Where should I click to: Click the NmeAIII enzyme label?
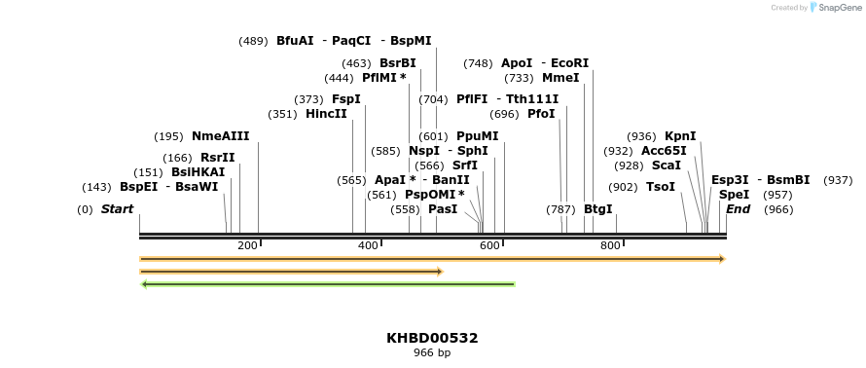(220, 136)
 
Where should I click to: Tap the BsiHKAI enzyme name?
(198, 172)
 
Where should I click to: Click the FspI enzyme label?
(345, 99)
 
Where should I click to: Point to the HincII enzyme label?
(326, 114)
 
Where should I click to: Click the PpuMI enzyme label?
(477, 136)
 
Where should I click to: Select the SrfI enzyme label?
(465, 166)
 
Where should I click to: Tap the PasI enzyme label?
(443, 209)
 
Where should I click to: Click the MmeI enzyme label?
(560, 78)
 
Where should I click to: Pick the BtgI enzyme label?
(597, 209)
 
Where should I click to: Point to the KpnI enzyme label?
(680, 136)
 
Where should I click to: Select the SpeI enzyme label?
(734, 195)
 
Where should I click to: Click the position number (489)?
(254, 41)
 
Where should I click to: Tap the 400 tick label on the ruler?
(368, 245)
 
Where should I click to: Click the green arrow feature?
(328, 284)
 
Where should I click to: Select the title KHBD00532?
(432, 338)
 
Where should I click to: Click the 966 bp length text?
(432, 352)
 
